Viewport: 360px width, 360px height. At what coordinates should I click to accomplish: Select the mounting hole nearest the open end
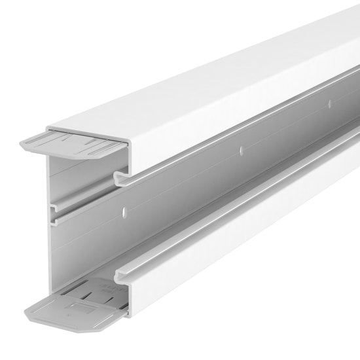(x=124, y=211)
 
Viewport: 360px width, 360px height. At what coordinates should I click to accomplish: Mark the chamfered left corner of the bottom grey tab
(x=31, y=306)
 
